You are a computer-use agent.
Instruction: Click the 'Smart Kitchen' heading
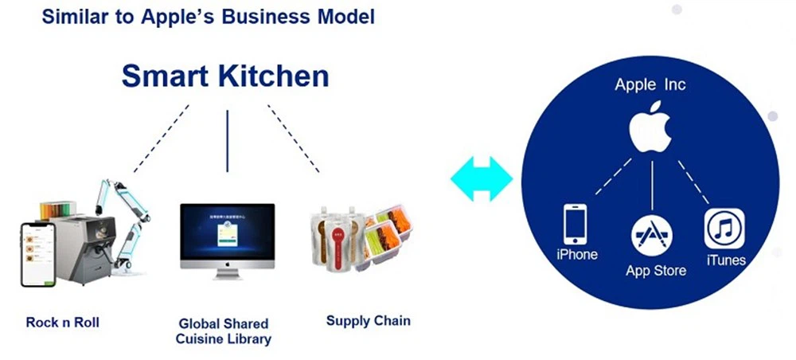coord(224,76)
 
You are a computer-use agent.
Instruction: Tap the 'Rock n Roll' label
coord(62,322)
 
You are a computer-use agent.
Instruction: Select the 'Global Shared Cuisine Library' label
coord(224,331)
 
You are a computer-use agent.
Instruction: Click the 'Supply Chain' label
coord(368,321)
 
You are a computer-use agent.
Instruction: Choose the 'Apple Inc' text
coord(650,84)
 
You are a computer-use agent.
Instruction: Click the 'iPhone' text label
coord(577,255)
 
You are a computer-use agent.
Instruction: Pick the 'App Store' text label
coord(656,271)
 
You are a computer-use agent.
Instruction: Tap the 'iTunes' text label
coord(725,260)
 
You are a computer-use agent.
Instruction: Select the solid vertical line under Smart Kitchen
coord(227,140)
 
